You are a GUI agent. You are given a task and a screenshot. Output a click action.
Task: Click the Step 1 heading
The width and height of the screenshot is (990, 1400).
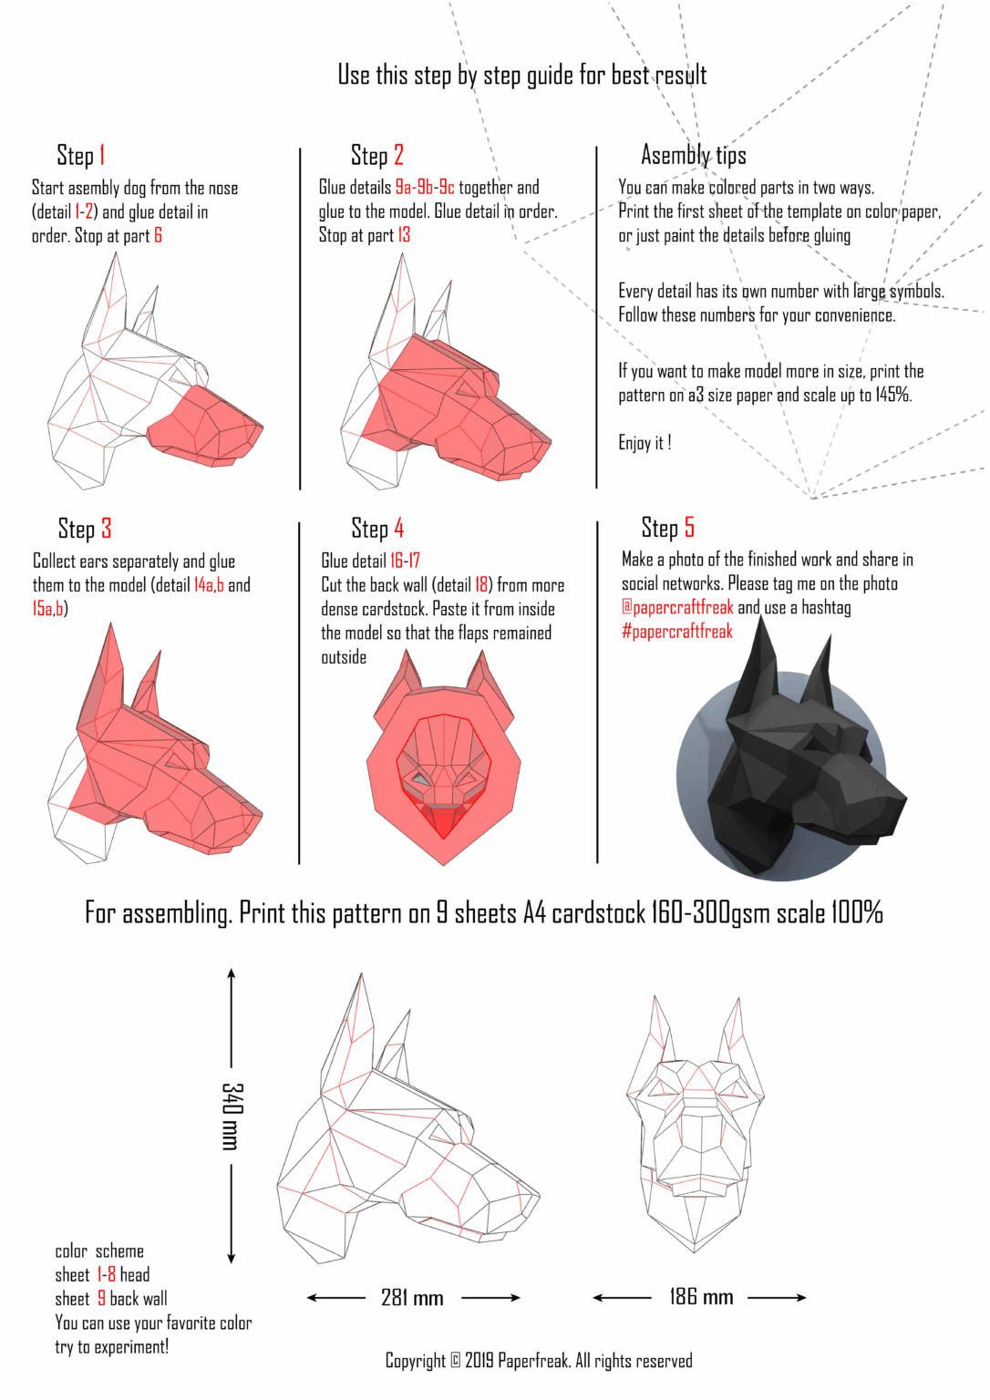81,156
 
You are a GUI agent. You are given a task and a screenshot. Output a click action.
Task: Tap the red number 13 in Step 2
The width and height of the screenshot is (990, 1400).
404,235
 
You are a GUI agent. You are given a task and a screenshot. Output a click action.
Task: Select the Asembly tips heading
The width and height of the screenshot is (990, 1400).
693,156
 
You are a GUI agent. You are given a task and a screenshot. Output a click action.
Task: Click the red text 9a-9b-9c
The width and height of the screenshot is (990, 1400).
424,188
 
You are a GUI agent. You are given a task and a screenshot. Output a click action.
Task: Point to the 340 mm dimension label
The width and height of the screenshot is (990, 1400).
232,1116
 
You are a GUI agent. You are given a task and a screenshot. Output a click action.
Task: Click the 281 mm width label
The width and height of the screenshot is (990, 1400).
412,1298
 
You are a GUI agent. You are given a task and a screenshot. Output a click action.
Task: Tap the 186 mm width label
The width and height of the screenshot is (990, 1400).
701,1297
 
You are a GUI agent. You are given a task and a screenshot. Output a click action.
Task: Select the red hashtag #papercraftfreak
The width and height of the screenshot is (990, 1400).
677,632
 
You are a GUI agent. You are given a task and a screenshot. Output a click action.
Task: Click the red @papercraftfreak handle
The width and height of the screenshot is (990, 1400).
677,608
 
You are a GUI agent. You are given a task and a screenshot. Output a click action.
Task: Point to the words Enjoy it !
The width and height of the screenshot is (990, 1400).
645,443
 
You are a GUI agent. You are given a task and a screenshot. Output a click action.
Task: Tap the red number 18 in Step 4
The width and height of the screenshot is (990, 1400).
481,585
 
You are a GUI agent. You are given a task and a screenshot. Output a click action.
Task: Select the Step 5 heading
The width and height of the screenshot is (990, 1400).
667,528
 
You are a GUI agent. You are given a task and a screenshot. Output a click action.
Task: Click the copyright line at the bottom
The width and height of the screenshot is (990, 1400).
539,1361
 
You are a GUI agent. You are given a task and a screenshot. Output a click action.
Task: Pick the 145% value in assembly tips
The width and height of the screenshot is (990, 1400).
892,395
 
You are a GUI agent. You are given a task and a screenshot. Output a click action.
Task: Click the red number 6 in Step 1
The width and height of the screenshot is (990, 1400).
158,236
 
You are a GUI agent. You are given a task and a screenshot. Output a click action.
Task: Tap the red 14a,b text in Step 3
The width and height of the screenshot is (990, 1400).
209,585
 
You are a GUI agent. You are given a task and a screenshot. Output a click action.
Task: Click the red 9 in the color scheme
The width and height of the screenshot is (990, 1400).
102,1299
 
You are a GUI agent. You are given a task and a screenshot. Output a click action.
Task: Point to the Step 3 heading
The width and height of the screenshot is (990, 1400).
85,530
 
